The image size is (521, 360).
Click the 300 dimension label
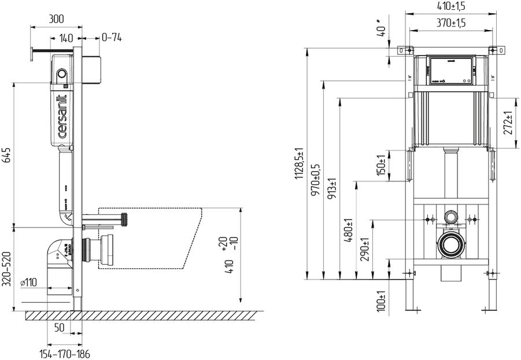coord(56,19)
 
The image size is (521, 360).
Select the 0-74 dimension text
coord(111,38)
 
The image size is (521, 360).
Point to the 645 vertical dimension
coord(8,155)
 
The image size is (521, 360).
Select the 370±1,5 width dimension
coord(452,23)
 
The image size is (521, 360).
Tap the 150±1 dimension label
coord(381,166)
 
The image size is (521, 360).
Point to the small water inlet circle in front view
coord(450,217)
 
